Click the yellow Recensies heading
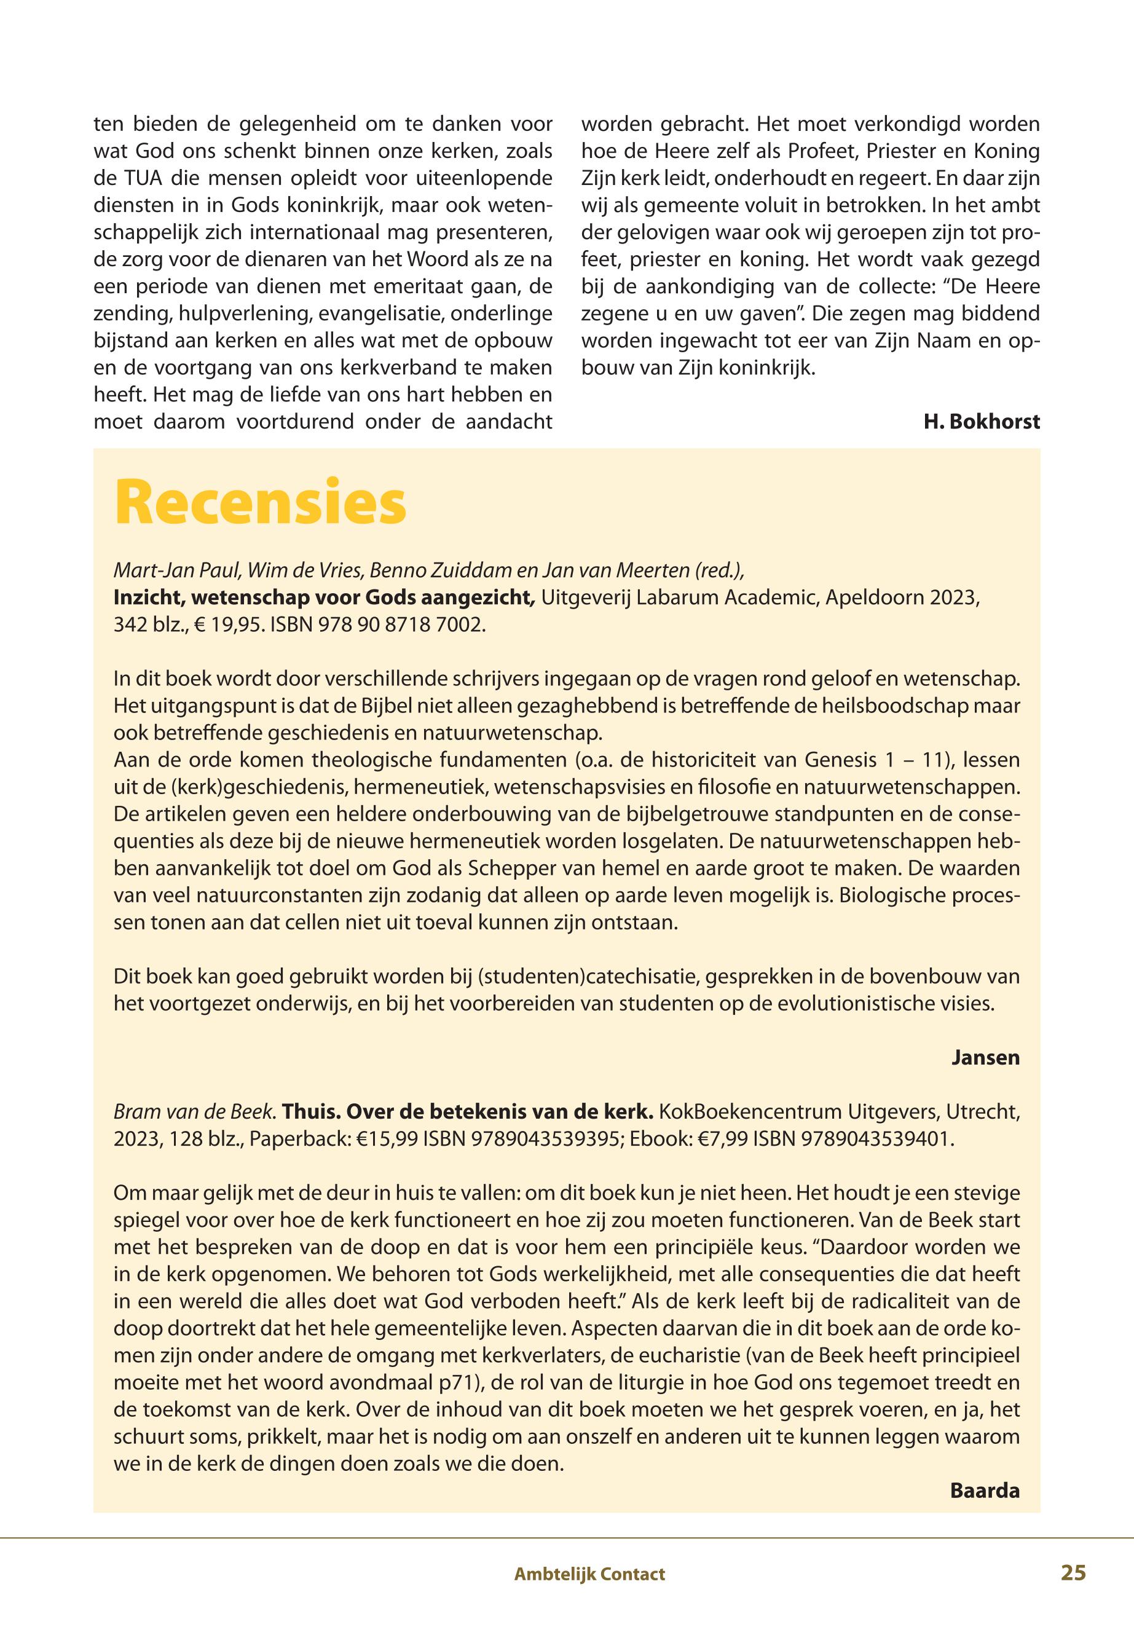(x=260, y=503)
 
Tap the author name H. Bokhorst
(x=981, y=422)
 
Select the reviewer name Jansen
(x=985, y=1058)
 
